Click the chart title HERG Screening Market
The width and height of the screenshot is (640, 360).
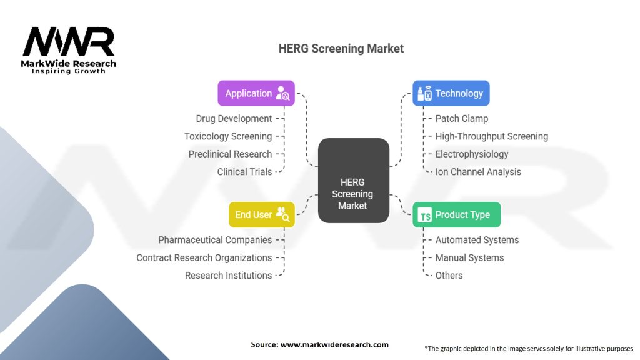click(341, 49)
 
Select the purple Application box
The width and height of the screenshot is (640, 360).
click(256, 93)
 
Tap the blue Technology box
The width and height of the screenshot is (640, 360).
click(451, 93)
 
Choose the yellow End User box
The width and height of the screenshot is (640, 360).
click(261, 215)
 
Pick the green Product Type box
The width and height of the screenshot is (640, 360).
click(456, 215)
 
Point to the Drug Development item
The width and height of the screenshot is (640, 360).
click(234, 119)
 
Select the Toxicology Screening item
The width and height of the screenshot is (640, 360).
click(228, 136)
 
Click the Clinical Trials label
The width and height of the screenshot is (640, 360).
click(244, 171)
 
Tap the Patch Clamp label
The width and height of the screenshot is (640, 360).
click(461, 119)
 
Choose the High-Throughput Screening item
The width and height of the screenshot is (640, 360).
click(491, 136)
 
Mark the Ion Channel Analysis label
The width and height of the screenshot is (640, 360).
click(478, 171)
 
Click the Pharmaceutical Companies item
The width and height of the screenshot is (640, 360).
click(215, 240)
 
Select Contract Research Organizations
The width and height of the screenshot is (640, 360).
click(204, 257)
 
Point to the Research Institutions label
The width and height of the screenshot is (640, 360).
click(228, 275)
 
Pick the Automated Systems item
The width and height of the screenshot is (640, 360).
click(477, 240)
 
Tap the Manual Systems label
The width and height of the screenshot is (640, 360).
click(469, 257)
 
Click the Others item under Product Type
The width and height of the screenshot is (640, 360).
click(449, 275)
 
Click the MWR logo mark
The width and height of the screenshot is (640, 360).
click(69, 42)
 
